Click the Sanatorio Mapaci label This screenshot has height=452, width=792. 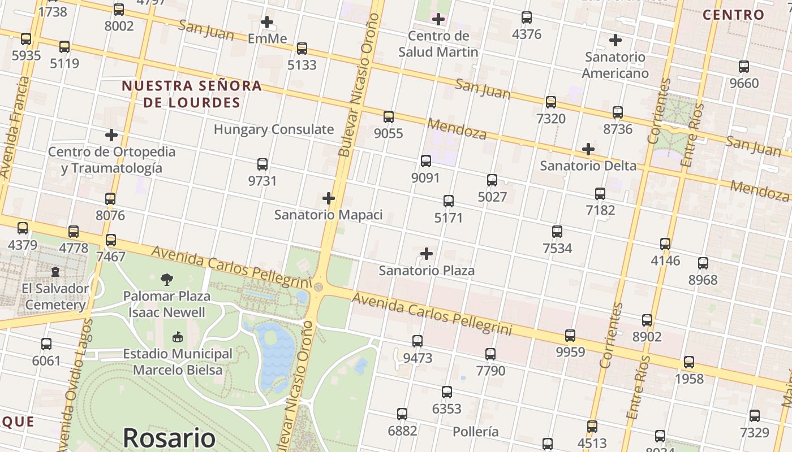(x=328, y=215)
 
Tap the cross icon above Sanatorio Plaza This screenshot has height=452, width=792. (x=427, y=254)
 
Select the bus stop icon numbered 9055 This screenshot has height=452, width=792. (x=389, y=117)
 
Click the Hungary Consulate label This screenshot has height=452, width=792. (x=273, y=129)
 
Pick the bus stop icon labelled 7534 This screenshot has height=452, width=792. (x=557, y=232)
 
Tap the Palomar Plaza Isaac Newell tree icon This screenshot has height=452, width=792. (x=166, y=279)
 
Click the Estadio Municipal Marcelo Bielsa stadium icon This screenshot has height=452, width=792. (x=177, y=337)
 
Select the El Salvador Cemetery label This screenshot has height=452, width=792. (x=55, y=297)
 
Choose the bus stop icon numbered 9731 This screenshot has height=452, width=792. (x=262, y=164)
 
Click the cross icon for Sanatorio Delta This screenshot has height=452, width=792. (x=588, y=149)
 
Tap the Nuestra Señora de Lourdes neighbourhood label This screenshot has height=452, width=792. (x=192, y=94)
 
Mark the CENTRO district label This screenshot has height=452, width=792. (x=733, y=15)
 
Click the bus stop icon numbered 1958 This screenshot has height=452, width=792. (x=689, y=362)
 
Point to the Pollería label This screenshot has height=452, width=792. (x=475, y=432)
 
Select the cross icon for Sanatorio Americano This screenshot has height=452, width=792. (x=615, y=40)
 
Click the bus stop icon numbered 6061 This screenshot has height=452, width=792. (x=46, y=344)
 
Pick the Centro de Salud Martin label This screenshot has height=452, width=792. (x=438, y=44)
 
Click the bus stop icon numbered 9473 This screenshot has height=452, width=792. (x=417, y=341)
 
